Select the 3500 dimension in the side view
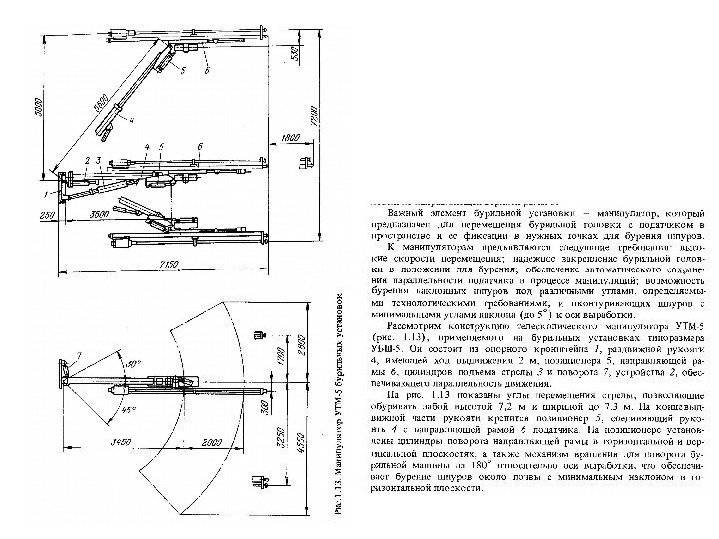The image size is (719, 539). [100, 215]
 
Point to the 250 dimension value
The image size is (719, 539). [45, 214]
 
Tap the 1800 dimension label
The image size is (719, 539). [290, 137]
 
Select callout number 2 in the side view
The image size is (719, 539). [88, 160]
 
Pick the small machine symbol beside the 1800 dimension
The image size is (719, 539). [305, 160]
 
